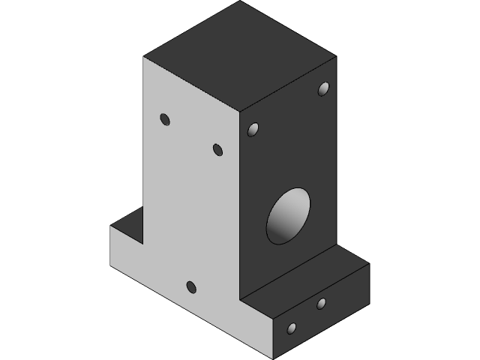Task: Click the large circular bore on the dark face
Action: [289, 215]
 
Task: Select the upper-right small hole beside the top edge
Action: [323, 89]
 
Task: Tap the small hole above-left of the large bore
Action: [253, 130]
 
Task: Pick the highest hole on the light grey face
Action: [165, 119]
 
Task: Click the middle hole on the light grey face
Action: [217, 150]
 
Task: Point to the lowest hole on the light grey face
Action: [190, 286]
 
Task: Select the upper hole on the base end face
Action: [321, 303]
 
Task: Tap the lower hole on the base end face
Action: [292, 328]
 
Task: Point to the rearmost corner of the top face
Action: [240, 1]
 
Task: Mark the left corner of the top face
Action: [144, 57]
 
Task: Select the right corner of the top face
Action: [335, 57]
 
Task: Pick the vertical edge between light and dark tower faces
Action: [239, 202]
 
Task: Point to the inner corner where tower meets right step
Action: [239, 298]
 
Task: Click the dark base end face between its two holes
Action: [306, 316]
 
